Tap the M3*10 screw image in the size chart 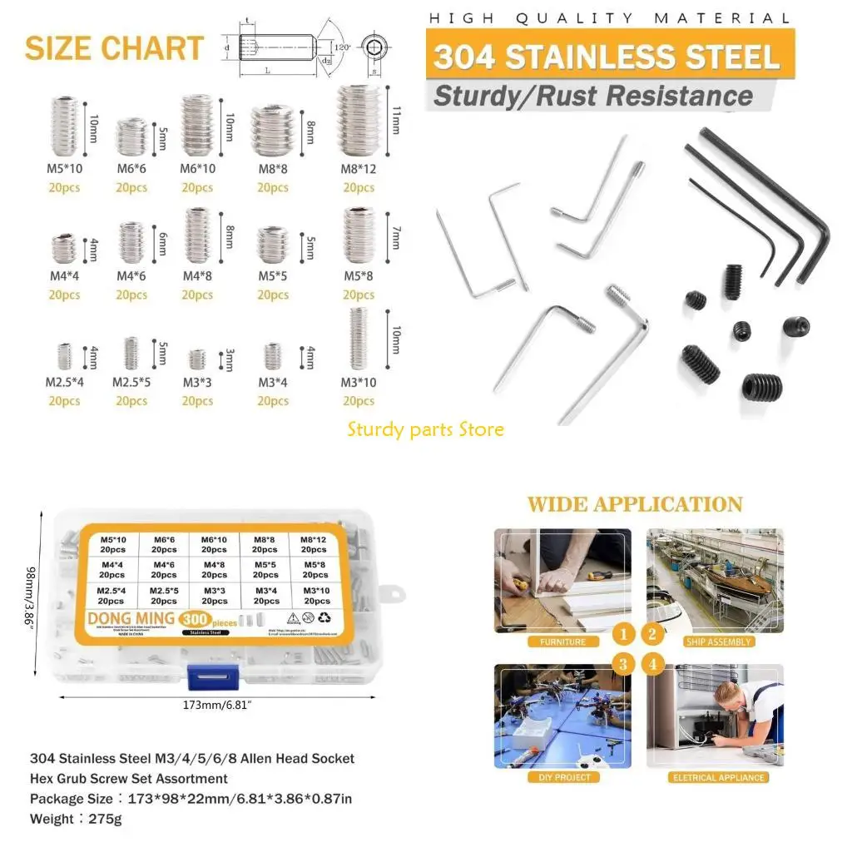click(x=359, y=339)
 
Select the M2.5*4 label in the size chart click(x=64, y=384)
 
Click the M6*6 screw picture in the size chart click(x=131, y=138)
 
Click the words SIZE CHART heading click(x=114, y=48)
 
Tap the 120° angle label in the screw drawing click(x=343, y=47)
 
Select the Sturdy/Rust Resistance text click(x=592, y=95)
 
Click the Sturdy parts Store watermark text click(x=426, y=429)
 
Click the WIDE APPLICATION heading click(x=635, y=504)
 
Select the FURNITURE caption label click(x=562, y=641)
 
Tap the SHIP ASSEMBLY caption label click(x=718, y=641)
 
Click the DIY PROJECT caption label click(x=562, y=777)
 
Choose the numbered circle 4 click(x=651, y=663)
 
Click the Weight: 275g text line click(x=76, y=820)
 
